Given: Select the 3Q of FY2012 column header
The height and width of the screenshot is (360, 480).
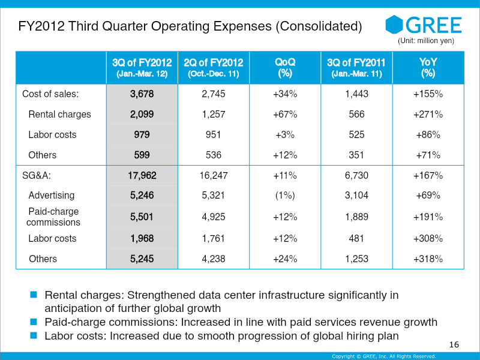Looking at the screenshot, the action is [142, 68].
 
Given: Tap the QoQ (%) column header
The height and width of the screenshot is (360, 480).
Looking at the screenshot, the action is [285, 68].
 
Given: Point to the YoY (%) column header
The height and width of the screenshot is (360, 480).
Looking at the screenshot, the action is [428, 68].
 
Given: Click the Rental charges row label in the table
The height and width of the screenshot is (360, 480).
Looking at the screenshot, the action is [59, 114].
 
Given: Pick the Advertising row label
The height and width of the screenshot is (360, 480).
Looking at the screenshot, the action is [52, 196].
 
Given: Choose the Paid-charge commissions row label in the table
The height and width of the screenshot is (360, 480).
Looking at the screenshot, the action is [53, 217].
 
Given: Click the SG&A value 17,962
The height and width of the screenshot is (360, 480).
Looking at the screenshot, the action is [142, 175].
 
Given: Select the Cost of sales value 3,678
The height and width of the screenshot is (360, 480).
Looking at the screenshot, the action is [142, 94].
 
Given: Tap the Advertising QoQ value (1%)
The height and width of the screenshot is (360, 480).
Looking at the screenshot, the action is [285, 196].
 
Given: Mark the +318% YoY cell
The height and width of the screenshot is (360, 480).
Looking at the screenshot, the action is [428, 259].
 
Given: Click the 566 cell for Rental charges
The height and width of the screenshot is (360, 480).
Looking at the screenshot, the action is [356, 114].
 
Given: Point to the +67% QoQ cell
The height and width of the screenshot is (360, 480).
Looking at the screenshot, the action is [285, 114].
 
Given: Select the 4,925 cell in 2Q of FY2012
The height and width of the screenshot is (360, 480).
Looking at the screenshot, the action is [214, 217].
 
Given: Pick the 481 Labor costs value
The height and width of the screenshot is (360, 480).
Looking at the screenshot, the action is [356, 238].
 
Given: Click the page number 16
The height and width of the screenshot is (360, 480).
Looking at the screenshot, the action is [454, 344].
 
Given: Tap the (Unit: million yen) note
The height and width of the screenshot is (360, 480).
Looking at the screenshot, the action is [426, 41].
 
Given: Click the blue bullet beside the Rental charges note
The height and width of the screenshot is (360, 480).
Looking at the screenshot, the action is [34, 295].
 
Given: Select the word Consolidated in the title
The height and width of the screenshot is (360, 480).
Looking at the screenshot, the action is [319, 26].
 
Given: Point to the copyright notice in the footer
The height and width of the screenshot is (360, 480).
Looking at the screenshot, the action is [384, 356].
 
